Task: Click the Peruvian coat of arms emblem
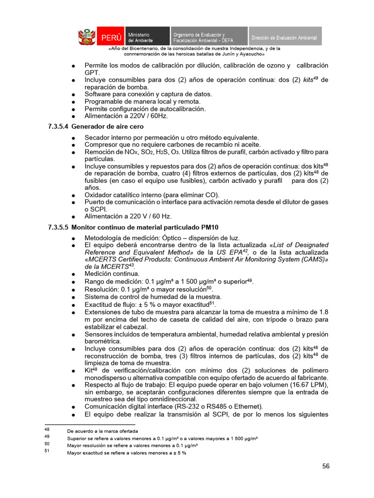pyautogui.click(x=87, y=37)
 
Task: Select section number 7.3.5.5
pyautogui.click(x=58, y=227)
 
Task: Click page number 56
pyautogui.click(x=326, y=466)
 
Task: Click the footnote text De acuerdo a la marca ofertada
pyautogui.click(x=102, y=431)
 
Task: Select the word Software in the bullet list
pyautogui.click(x=100, y=94)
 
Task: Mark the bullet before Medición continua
pyautogui.click(x=73, y=274)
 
